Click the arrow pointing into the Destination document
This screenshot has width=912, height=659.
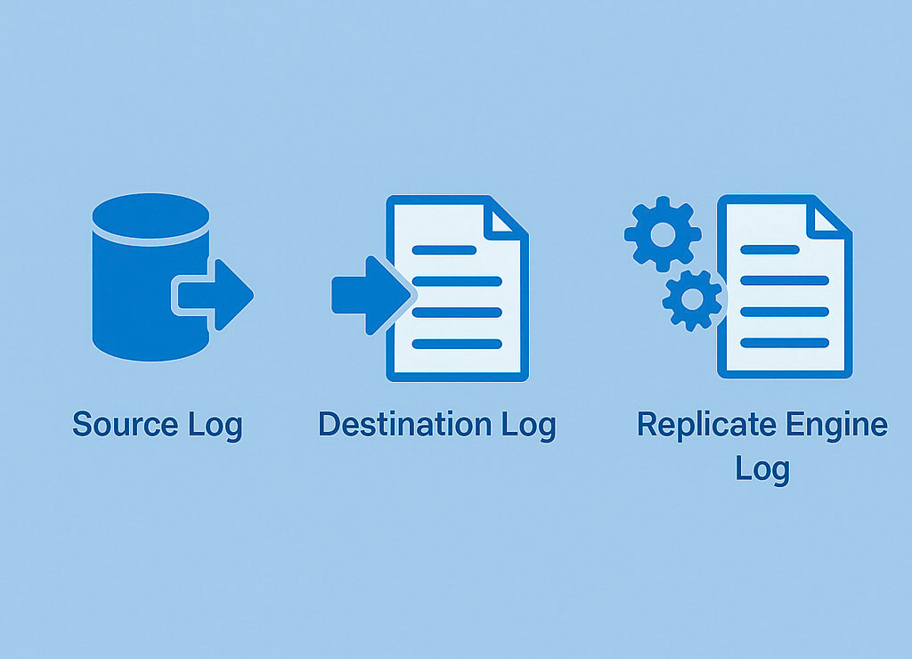click(x=365, y=295)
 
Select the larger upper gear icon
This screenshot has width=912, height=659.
click(x=662, y=234)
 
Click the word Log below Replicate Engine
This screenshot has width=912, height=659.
click(x=762, y=469)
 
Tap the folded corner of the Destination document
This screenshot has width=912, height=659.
click(x=507, y=219)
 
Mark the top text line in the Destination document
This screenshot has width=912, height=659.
click(x=444, y=250)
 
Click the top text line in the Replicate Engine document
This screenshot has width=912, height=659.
click(x=769, y=250)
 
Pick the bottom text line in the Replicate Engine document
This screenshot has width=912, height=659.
click(x=784, y=343)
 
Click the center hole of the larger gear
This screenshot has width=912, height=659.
click(x=662, y=234)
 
